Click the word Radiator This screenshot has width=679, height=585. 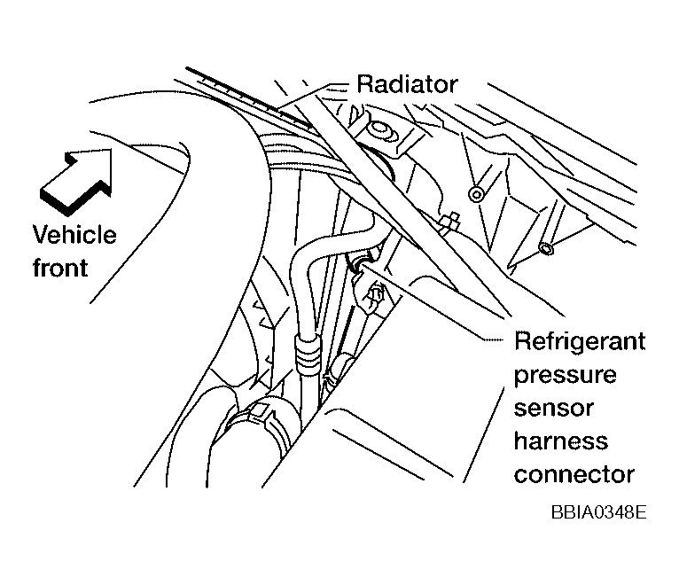coord(407,85)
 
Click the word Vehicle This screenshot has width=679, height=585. coord(74,235)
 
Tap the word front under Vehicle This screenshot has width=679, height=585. coord(60,266)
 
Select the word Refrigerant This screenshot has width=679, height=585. coord(580,342)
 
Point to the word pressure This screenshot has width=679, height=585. coord(565,375)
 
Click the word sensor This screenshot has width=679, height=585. coord(555,409)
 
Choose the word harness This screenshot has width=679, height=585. coord(561,441)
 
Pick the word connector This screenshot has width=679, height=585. coord(574,474)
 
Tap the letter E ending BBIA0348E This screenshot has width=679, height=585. coord(640,513)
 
